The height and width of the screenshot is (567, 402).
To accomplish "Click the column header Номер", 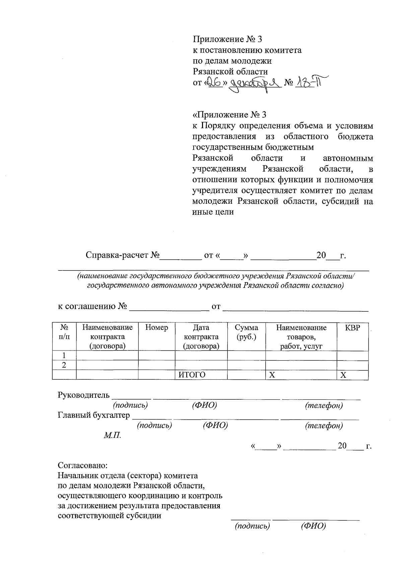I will (x=156, y=327).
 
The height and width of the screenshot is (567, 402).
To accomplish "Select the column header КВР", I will (x=352, y=327).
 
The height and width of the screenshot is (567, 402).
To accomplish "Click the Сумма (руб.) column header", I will (x=246, y=332).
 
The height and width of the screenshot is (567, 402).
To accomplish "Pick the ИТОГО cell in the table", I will (x=192, y=375).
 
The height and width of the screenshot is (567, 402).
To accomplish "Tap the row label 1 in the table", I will (x=64, y=356).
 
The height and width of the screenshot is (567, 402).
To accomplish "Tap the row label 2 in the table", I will (x=64, y=365).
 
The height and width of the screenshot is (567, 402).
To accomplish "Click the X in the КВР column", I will (x=343, y=375).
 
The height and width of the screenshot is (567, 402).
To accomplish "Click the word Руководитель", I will (x=84, y=395).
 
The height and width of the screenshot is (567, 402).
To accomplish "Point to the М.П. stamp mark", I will (x=112, y=436).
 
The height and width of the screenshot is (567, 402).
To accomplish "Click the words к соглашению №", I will (x=92, y=306).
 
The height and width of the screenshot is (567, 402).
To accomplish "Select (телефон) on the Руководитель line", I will (x=324, y=405).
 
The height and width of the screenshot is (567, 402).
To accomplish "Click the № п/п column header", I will (x=64, y=332).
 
